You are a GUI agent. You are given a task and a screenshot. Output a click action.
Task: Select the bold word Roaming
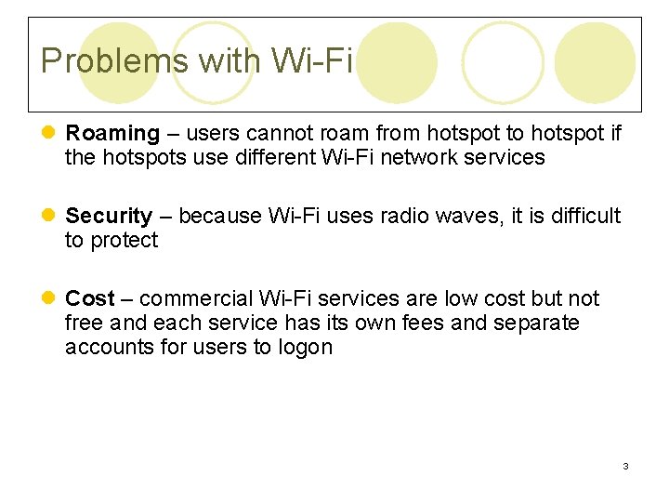click(112, 134)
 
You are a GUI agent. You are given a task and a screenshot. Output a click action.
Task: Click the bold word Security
click(109, 217)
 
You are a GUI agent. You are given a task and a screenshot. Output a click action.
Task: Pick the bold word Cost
click(89, 298)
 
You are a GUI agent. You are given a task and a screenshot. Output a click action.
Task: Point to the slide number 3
click(625, 466)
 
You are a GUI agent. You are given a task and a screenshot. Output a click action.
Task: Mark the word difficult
click(584, 217)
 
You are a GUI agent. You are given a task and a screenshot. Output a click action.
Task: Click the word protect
click(124, 241)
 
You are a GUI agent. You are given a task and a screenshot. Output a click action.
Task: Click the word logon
click(304, 348)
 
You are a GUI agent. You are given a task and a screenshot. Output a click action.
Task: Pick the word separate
click(539, 324)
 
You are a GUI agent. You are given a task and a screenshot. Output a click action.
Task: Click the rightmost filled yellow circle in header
click(595, 62)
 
